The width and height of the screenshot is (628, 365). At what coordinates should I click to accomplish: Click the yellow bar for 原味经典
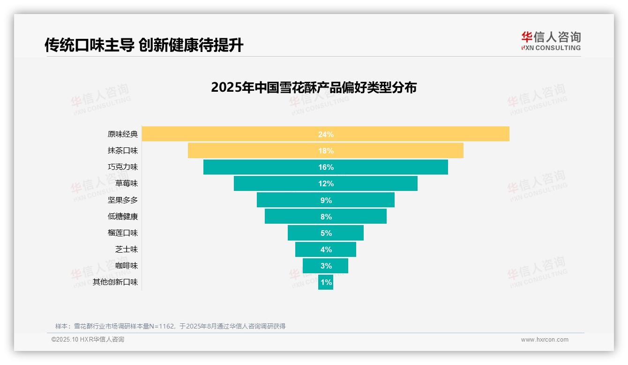(234, 134)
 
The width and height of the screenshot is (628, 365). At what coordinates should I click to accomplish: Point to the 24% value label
(326, 134)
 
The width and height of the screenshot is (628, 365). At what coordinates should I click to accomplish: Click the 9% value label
(326, 200)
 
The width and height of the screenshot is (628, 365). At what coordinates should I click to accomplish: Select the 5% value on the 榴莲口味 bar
(326, 233)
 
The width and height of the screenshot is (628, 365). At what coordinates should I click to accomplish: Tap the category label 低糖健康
(123, 217)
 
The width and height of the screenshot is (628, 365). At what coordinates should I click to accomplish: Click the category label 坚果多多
(123, 200)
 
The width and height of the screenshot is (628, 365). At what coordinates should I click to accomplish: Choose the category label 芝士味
(127, 249)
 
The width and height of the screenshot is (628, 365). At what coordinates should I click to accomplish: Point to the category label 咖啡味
(127, 266)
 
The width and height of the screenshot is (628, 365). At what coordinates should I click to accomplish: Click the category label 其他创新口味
(115, 282)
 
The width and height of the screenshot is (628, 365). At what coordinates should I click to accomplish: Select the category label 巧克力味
(123, 167)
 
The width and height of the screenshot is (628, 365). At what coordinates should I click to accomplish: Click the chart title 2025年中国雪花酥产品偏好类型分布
(314, 88)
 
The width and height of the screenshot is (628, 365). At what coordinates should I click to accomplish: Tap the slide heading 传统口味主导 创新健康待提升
(144, 45)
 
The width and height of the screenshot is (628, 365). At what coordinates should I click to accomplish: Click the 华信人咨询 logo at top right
(551, 41)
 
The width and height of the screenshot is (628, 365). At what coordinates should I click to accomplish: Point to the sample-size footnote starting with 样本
(170, 326)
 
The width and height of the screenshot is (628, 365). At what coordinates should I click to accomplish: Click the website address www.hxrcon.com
(544, 340)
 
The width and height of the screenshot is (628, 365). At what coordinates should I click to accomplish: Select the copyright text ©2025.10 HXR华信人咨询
(88, 340)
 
